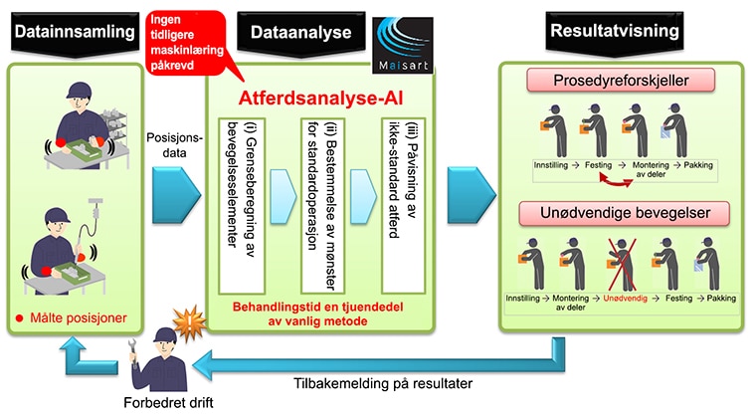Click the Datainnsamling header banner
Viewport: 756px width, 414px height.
pos(75,33)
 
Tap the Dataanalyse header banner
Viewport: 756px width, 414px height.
pos(300,33)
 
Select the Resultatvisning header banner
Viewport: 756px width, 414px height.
pos(615,32)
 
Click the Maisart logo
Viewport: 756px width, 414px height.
pos(403,46)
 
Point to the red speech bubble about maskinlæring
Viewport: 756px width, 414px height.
pos(186,44)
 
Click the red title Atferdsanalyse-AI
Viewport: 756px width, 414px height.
pos(320,98)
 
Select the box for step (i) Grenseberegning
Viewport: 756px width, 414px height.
pos(242,206)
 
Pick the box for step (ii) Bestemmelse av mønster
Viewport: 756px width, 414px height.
pos(322,206)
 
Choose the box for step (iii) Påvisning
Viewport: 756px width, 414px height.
pos(403,206)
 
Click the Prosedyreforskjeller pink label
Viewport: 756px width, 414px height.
pos(621,80)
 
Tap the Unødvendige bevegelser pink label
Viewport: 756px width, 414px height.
pos(625,213)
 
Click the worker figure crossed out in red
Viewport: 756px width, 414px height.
pos(622,265)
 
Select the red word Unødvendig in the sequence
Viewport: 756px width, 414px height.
pos(626,299)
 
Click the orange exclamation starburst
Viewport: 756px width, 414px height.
pos(189,322)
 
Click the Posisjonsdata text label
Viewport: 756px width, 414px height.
pos(174,145)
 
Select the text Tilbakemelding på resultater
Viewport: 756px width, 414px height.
pos(383,383)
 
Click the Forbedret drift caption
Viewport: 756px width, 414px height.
pos(168,402)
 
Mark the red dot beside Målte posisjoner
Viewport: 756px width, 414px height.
pos(19,318)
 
